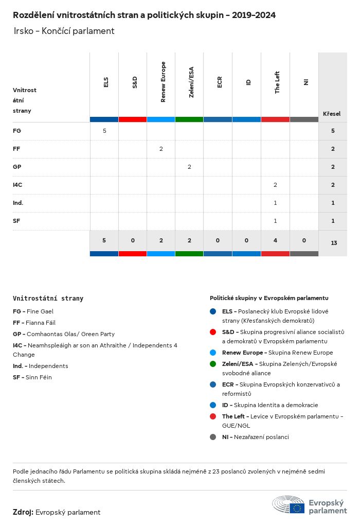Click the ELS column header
point(106,82)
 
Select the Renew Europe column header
point(163,82)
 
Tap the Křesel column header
point(332,114)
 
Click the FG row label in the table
point(17,131)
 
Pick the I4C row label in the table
point(17,185)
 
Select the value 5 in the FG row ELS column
point(104,131)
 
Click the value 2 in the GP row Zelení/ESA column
point(189,167)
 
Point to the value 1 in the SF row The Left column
point(275,221)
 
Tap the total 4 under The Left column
point(275,240)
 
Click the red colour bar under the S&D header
point(133,119)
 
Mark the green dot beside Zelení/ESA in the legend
point(213,364)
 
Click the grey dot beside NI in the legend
point(213,437)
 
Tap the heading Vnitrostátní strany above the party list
point(48,298)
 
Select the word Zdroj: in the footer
point(23,512)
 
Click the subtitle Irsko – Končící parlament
point(64,31)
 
